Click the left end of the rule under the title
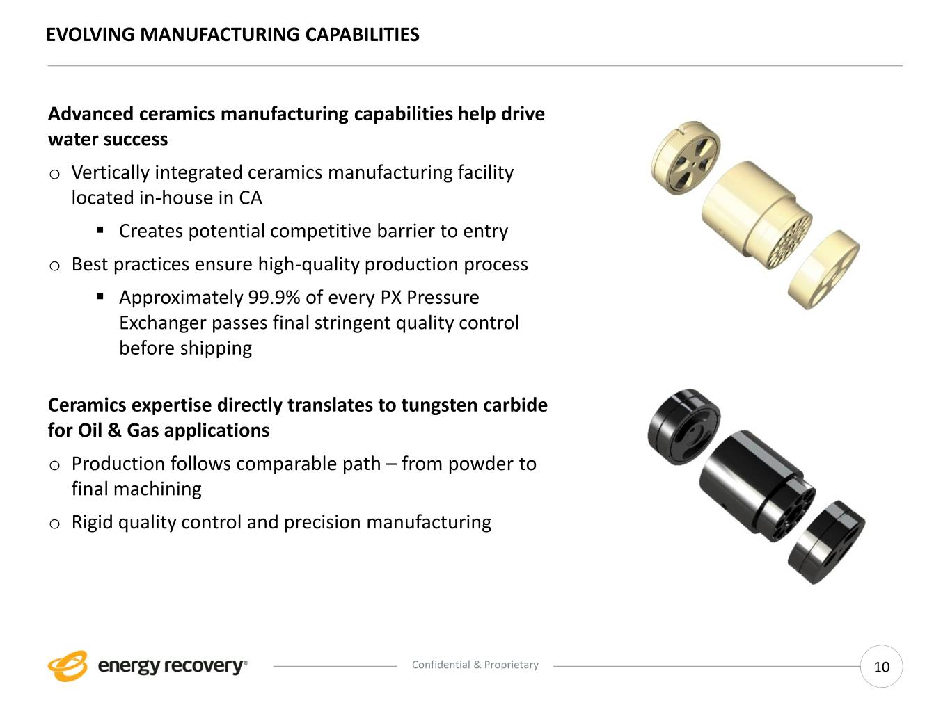(x=47, y=66)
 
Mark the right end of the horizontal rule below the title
(x=903, y=66)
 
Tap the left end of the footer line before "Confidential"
(x=273, y=666)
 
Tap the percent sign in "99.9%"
(x=292, y=298)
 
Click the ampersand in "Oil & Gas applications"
(x=114, y=430)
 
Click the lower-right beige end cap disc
(x=823, y=270)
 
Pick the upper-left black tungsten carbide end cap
(x=684, y=427)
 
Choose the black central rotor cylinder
(x=757, y=486)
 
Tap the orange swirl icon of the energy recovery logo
(x=68, y=666)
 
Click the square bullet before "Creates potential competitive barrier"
(x=100, y=230)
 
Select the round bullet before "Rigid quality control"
(x=54, y=524)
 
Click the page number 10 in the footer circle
(x=882, y=667)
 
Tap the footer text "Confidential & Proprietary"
(x=475, y=665)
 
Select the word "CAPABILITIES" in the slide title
(x=363, y=35)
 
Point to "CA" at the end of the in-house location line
(x=251, y=198)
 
